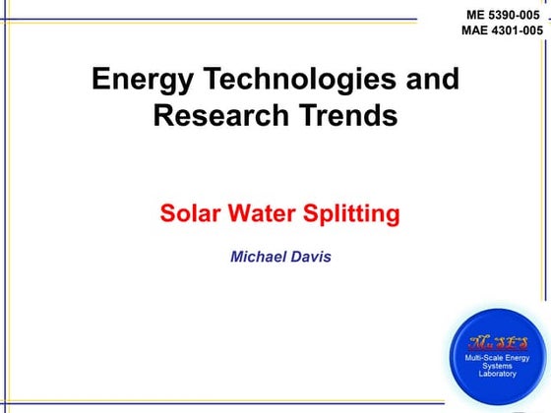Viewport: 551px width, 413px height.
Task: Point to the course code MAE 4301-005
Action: click(x=502, y=30)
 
